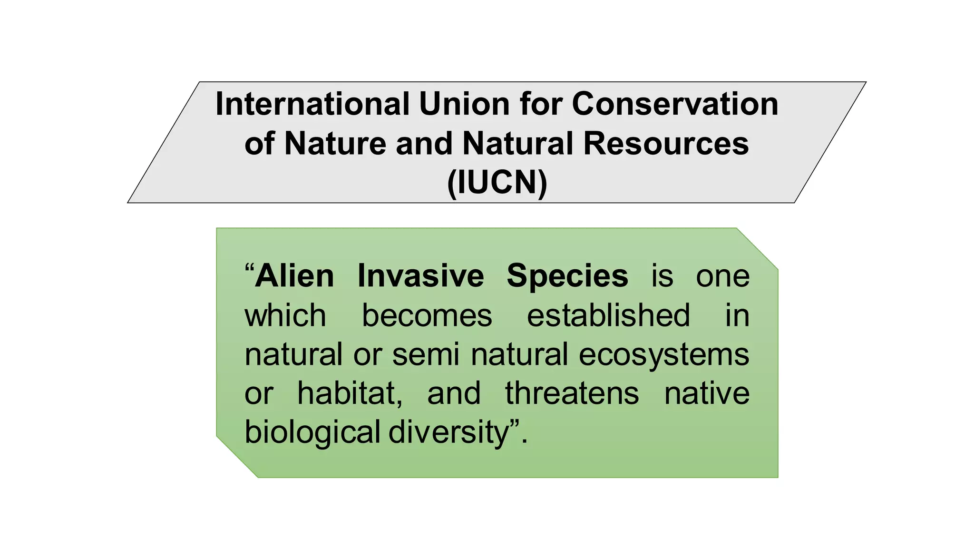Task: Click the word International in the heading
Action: (312, 104)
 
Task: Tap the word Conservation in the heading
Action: (675, 104)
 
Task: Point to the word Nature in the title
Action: (335, 143)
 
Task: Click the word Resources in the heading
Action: (666, 143)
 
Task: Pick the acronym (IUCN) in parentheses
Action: (497, 182)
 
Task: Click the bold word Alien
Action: (294, 276)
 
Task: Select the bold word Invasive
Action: (421, 276)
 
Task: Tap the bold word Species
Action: (567, 276)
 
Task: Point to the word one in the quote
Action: (722, 276)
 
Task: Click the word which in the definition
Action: (285, 315)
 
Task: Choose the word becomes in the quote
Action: (427, 315)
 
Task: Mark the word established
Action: (608, 315)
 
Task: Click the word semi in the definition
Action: (426, 355)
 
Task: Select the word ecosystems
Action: (664, 355)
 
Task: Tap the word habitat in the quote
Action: (350, 394)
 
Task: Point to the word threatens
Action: (572, 394)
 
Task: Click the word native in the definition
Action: (707, 394)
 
